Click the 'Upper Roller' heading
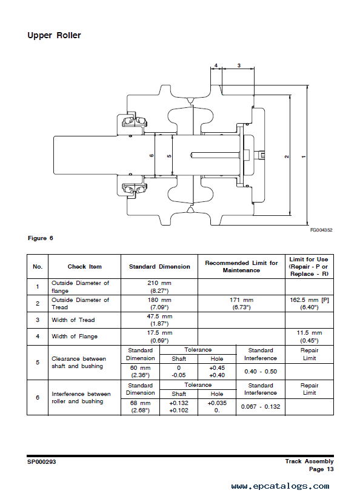(54, 35)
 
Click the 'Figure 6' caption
(41, 238)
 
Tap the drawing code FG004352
(321, 230)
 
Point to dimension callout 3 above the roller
(239, 65)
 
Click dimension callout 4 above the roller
(216, 65)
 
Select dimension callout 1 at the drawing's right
(304, 156)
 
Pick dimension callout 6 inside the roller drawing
(152, 156)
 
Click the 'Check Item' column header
(84, 267)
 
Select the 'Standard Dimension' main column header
(159, 267)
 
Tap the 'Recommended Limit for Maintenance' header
(241, 267)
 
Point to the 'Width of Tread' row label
(73, 320)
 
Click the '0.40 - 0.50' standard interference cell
(261, 372)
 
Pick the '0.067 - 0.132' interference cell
(261, 407)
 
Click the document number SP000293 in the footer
(41, 462)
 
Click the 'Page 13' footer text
(321, 469)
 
